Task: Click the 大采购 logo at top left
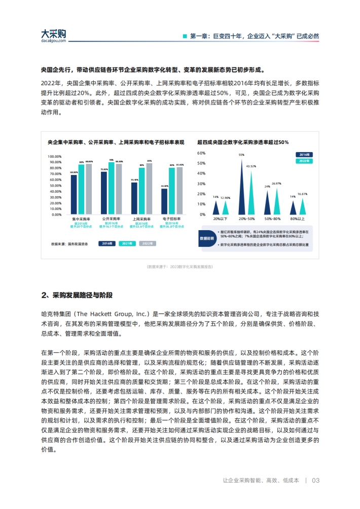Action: pos(53,35)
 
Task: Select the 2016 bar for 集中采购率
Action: pos(74,193)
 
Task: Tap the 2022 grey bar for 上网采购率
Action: pos(149,188)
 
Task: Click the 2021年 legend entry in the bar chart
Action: pos(127,243)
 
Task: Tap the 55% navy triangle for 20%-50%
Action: pos(242,190)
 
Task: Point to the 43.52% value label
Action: pos(250,166)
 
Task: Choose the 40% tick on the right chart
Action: pos(201,174)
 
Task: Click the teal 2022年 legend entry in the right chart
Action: pos(304,160)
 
